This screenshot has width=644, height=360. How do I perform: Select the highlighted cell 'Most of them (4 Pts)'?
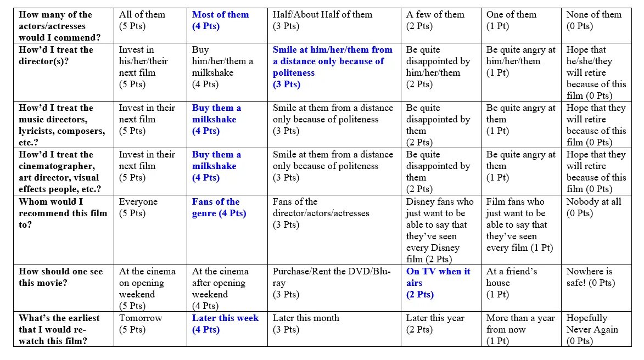pyautogui.click(x=220, y=20)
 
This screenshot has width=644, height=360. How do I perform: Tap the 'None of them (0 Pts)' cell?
pyautogui.click(x=593, y=20)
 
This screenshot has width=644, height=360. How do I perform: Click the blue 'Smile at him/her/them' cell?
pyautogui.click(x=333, y=66)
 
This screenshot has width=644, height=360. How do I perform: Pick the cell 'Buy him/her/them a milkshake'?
pyautogui.click(x=222, y=66)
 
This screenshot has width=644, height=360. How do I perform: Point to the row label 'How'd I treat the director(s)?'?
pyautogui.click(x=56, y=55)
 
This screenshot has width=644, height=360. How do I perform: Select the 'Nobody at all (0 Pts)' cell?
pyautogui.click(x=593, y=207)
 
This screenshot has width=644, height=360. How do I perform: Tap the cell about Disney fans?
pyautogui.click(x=439, y=230)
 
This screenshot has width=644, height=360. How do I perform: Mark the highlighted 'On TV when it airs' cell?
pyautogui.click(x=438, y=283)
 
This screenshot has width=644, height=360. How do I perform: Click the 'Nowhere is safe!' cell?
pyautogui.click(x=591, y=277)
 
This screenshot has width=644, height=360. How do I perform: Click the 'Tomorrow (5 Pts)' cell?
pyautogui.click(x=141, y=324)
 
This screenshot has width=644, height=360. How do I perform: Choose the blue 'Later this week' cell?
pyautogui.click(x=225, y=324)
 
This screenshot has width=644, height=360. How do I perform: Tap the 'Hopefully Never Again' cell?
pyautogui.click(x=592, y=329)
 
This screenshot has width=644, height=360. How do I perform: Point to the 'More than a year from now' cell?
pyautogui.click(x=520, y=329)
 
